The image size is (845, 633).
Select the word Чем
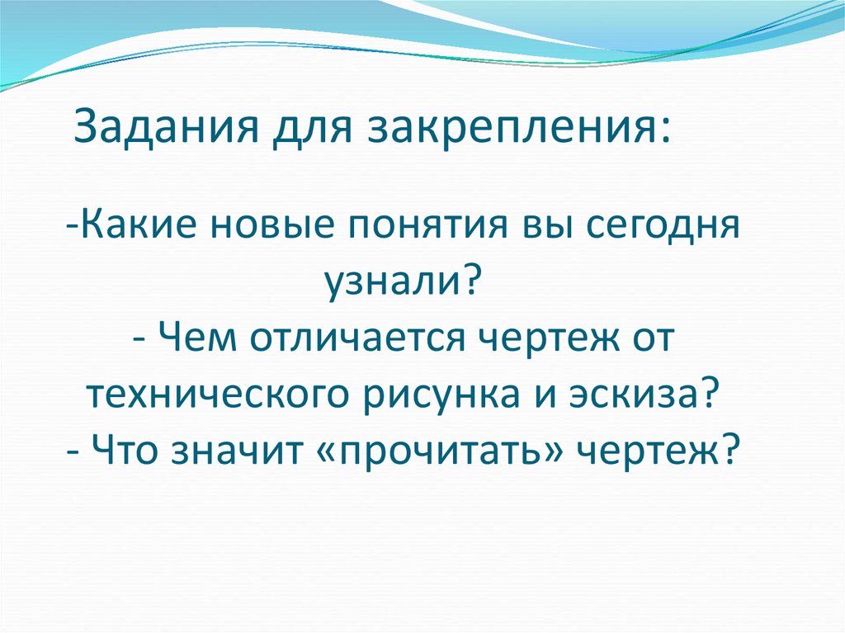point(199,339)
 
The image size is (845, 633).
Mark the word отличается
point(354,339)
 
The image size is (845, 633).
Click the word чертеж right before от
point(541,341)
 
